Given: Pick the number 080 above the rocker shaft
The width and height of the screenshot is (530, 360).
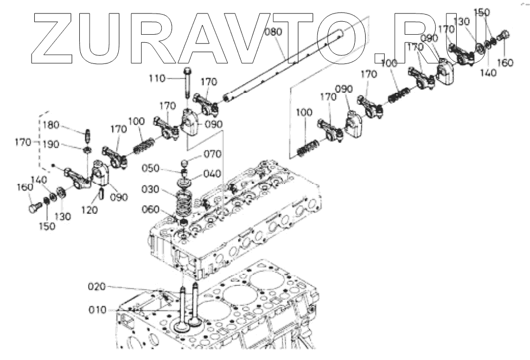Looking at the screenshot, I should (x=274, y=32).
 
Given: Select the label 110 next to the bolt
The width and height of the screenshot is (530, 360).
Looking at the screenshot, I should (x=158, y=79).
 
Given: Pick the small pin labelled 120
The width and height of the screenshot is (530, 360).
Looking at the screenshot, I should (x=102, y=193).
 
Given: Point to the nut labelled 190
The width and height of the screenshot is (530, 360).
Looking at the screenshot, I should (x=87, y=150).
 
